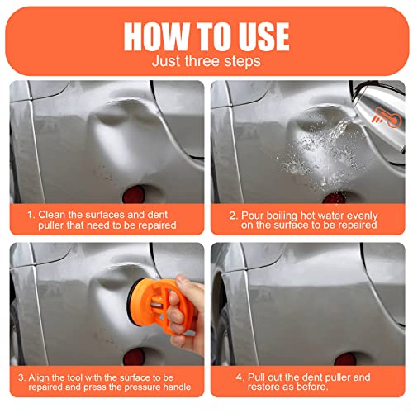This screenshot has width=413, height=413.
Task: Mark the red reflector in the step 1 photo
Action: (132, 195)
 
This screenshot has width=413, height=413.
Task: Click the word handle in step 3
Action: (178, 388)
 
